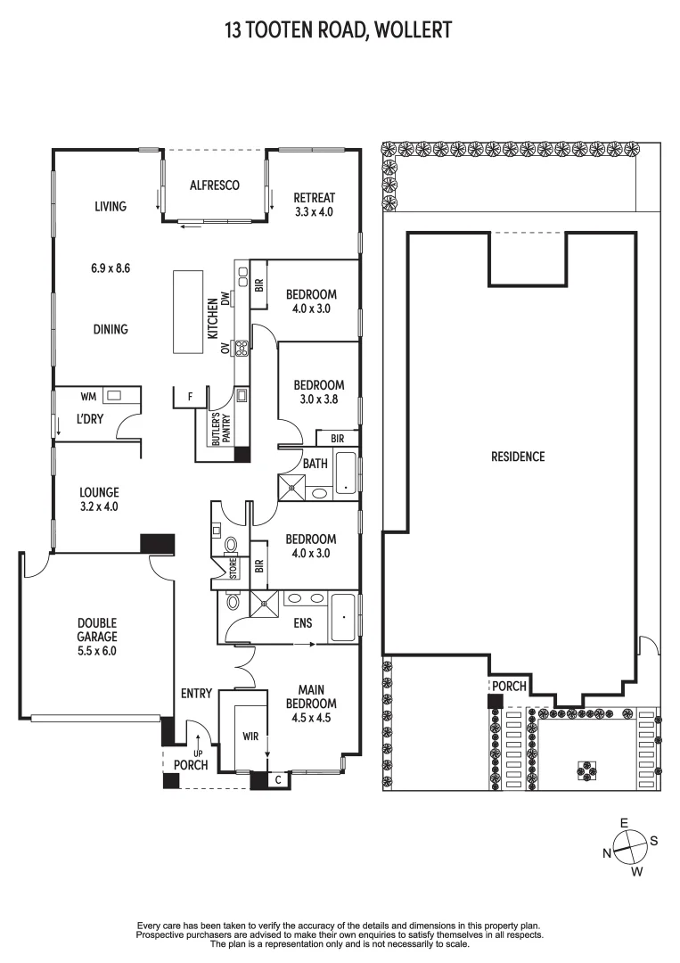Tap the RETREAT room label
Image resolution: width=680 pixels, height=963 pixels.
(314, 198)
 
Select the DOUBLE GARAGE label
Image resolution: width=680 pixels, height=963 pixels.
(96, 630)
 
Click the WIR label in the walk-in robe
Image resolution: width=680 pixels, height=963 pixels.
(250, 737)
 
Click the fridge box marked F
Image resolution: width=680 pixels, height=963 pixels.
(190, 395)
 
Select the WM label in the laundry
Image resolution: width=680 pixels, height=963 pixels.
(87, 395)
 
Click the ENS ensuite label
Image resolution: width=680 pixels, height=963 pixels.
(302, 621)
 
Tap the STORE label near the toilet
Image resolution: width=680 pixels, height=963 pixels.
(233, 568)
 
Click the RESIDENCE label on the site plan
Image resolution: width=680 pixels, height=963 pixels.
(517, 457)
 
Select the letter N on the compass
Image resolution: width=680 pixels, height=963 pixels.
(607, 853)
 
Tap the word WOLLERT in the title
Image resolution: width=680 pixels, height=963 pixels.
(413, 30)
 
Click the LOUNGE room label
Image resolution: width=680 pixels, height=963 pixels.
(99, 492)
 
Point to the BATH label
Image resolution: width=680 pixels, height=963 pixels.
(315, 464)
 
